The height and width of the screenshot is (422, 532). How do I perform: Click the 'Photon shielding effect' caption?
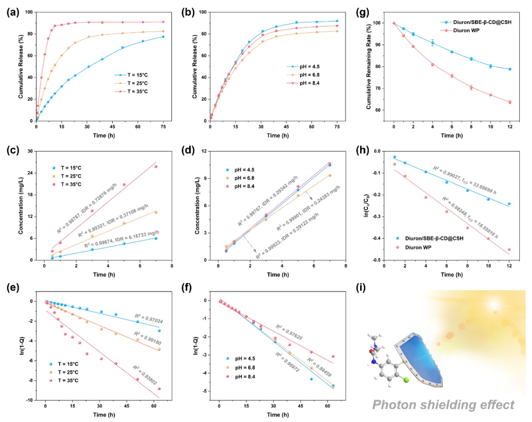pyautogui.click(x=443, y=405)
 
